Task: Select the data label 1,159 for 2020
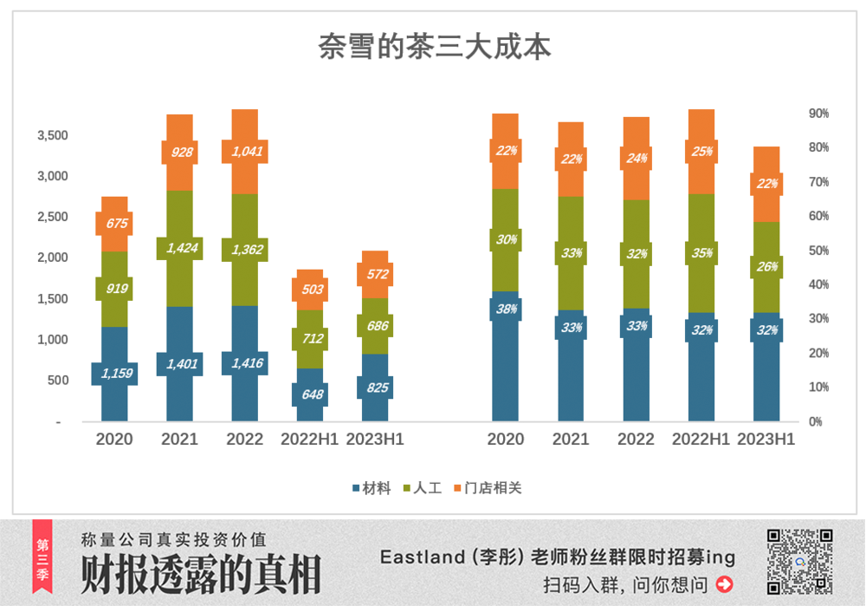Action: click(x=114, y=374)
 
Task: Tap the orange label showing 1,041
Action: click(x=244, y=151)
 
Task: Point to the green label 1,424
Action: click(x=179, y=248)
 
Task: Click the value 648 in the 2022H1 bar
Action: click(x=310, y=394)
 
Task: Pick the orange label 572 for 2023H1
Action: click(x=375, y=274)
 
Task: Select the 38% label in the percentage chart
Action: click(x=506, y=309)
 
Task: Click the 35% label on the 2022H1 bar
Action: click(x=701, y=253)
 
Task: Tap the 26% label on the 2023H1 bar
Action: click(x=766, y=266)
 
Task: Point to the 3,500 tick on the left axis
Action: click(x=52, y=136)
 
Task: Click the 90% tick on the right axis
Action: click(x=818, y=114)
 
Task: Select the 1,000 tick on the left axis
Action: click(x=52, y=340)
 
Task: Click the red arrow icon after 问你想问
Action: click(x=724, y=584)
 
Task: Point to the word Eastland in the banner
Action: click(x=423, y=557)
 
